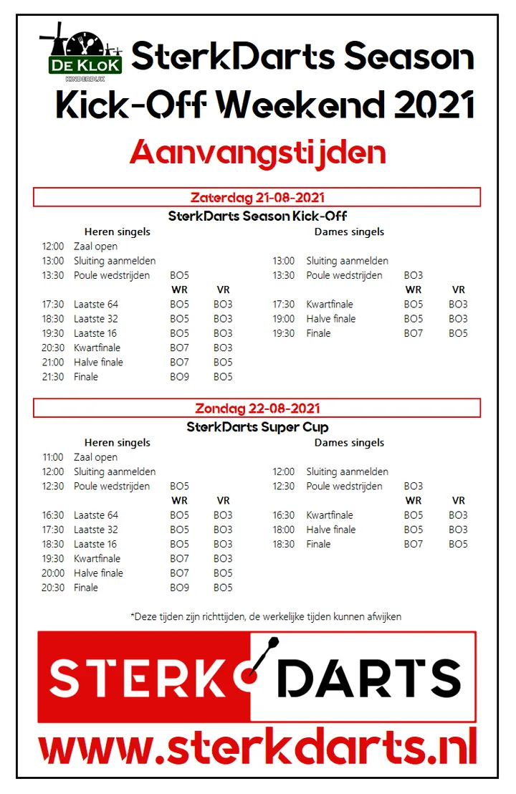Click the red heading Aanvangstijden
[257, 152]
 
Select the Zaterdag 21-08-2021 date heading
[257, 197]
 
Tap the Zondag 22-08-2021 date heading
[257, 408]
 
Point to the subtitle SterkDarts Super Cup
[257, 427]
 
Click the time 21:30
[53, 377]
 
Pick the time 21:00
[53, 363]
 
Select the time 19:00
[283, 319]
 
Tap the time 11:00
[53, 457]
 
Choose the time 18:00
[283, 530]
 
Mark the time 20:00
[53, 573]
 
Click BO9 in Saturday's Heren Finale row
[179, 377]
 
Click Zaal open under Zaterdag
[95, 247]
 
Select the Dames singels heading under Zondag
[349, 443]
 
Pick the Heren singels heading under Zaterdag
[118, 232]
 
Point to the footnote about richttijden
[266, 616]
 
